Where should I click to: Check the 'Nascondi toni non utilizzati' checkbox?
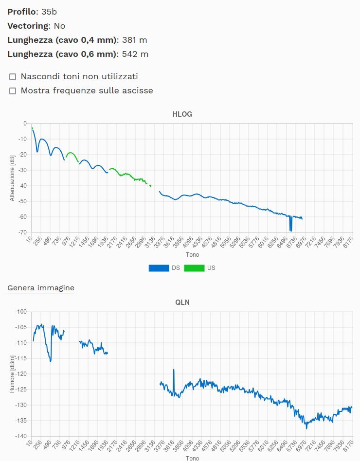click(13, 77)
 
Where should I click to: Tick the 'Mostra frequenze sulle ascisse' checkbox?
click(13, 90)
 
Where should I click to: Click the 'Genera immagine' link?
click(41, 288)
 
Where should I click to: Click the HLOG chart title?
click(182, 114)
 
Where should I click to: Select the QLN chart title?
click(182, 302)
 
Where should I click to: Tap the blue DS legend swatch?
click(159, 268)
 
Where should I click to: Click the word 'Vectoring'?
click(28, 26)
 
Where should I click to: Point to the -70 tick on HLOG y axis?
click(22, 232)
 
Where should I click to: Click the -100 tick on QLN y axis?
click(20, 311)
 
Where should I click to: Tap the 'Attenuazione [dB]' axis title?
click(12, 178)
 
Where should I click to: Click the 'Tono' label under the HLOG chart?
click(192, 254)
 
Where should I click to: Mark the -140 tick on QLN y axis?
click(20, 436)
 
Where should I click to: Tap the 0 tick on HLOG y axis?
click(24, 124)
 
